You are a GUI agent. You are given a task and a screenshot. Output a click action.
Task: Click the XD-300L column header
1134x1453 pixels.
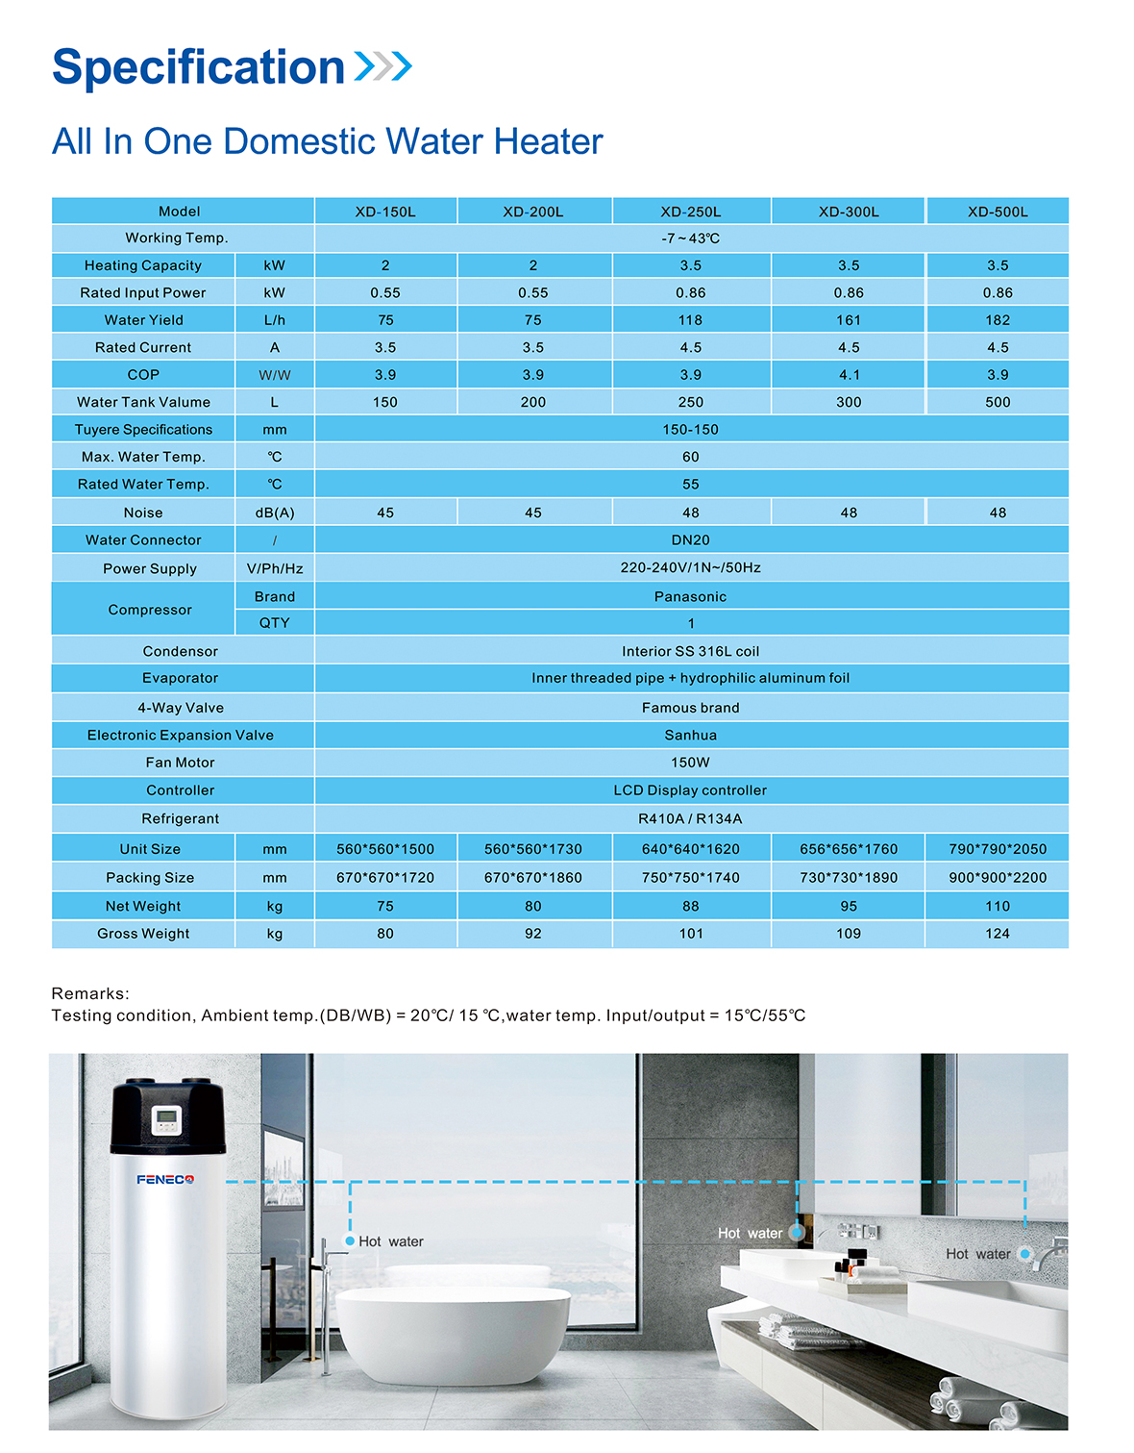(849, 212)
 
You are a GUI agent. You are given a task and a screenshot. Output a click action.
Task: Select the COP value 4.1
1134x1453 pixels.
(849, 375)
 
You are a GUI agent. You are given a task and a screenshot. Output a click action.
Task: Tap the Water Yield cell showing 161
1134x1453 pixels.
(849, 320)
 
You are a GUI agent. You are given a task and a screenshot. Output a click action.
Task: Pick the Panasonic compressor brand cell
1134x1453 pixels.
(690, 597)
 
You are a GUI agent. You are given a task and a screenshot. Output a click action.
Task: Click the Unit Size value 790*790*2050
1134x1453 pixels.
(998, 849)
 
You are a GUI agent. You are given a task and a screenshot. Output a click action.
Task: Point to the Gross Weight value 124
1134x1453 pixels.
(998, 934)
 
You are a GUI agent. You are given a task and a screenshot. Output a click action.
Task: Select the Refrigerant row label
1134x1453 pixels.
(181, 819)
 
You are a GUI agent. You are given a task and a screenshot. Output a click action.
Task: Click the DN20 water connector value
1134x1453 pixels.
(690, 540)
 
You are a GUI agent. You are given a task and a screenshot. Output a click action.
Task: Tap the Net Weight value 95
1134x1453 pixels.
(849, 906)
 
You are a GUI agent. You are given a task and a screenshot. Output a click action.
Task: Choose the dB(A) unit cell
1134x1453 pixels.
(275, 514)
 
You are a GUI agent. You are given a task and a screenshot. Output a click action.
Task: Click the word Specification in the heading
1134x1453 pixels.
(199, 67)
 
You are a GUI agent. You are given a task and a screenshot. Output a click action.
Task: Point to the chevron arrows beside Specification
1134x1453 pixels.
(383, 66)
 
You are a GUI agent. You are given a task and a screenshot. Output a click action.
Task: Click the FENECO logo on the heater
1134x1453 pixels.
(165, 1180)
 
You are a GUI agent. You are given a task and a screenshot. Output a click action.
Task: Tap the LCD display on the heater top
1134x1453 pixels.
(166, 1118)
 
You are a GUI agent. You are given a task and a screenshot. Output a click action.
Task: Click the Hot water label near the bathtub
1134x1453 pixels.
(390, 1242)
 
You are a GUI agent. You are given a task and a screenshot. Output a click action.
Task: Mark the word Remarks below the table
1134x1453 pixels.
(89, 993)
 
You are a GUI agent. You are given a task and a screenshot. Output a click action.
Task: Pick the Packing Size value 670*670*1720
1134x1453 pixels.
(385, 878)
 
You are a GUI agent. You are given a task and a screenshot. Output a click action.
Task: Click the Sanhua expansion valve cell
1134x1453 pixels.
(690, 736)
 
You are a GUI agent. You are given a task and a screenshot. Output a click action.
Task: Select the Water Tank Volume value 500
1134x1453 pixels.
(998, 403)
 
